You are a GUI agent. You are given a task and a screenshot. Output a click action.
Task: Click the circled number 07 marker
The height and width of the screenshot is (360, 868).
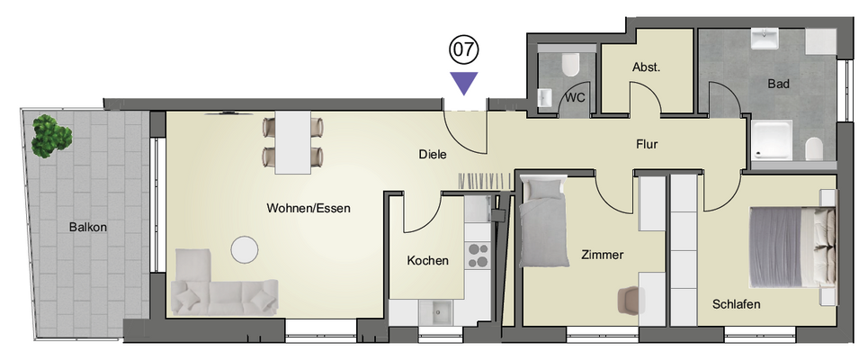(463, 50)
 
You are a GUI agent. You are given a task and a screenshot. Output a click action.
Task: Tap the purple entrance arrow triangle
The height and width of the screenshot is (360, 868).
(463, 83)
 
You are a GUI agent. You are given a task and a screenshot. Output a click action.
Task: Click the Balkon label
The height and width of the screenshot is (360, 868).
(88, 227)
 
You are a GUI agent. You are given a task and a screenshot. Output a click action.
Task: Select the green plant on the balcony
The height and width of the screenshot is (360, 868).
(51, 136)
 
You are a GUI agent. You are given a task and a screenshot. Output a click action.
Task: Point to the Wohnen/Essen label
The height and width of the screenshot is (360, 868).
(309, 209)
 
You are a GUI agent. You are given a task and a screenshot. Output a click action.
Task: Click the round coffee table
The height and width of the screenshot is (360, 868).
(245, 250)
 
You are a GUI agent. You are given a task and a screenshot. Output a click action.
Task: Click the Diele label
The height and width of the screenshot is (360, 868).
(433, 156)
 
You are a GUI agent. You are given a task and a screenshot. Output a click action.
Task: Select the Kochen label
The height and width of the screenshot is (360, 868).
(428, 260)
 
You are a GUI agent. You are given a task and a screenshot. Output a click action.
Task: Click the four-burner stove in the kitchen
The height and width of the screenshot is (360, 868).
(478, 256)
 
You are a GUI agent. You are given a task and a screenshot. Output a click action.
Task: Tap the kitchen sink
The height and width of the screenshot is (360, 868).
(435, 312)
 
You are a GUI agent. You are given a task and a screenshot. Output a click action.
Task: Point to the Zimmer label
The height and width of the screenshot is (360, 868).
(603, 256)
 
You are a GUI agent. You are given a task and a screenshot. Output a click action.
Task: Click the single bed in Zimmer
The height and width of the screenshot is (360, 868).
(543, 222)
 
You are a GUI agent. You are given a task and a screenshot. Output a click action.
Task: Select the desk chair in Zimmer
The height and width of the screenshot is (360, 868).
(630, 299)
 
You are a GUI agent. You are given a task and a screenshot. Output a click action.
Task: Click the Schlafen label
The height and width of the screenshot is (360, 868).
(737, 304)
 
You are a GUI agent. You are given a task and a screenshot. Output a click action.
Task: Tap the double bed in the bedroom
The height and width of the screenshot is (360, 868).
(792, 247)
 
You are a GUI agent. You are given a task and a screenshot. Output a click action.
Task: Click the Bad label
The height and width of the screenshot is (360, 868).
(778, 85)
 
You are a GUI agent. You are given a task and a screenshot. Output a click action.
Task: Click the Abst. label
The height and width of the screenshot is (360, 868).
(647, 68)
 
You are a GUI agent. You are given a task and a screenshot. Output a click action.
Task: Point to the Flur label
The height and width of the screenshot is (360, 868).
(647, 145)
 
